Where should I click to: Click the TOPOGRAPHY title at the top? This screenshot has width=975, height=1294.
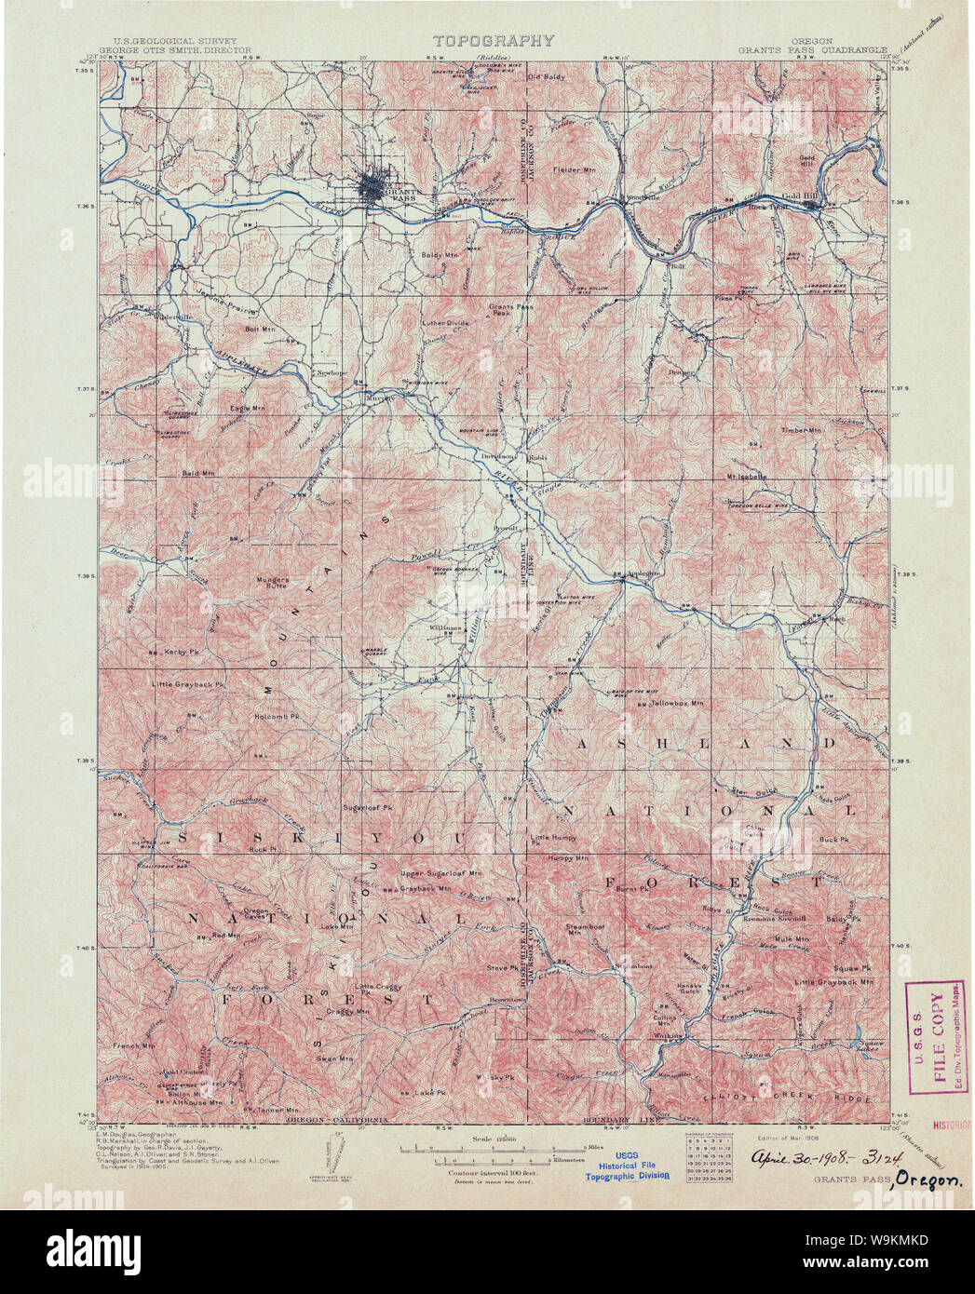pos(493,41)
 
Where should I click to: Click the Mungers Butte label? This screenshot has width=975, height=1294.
pos(273,583)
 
